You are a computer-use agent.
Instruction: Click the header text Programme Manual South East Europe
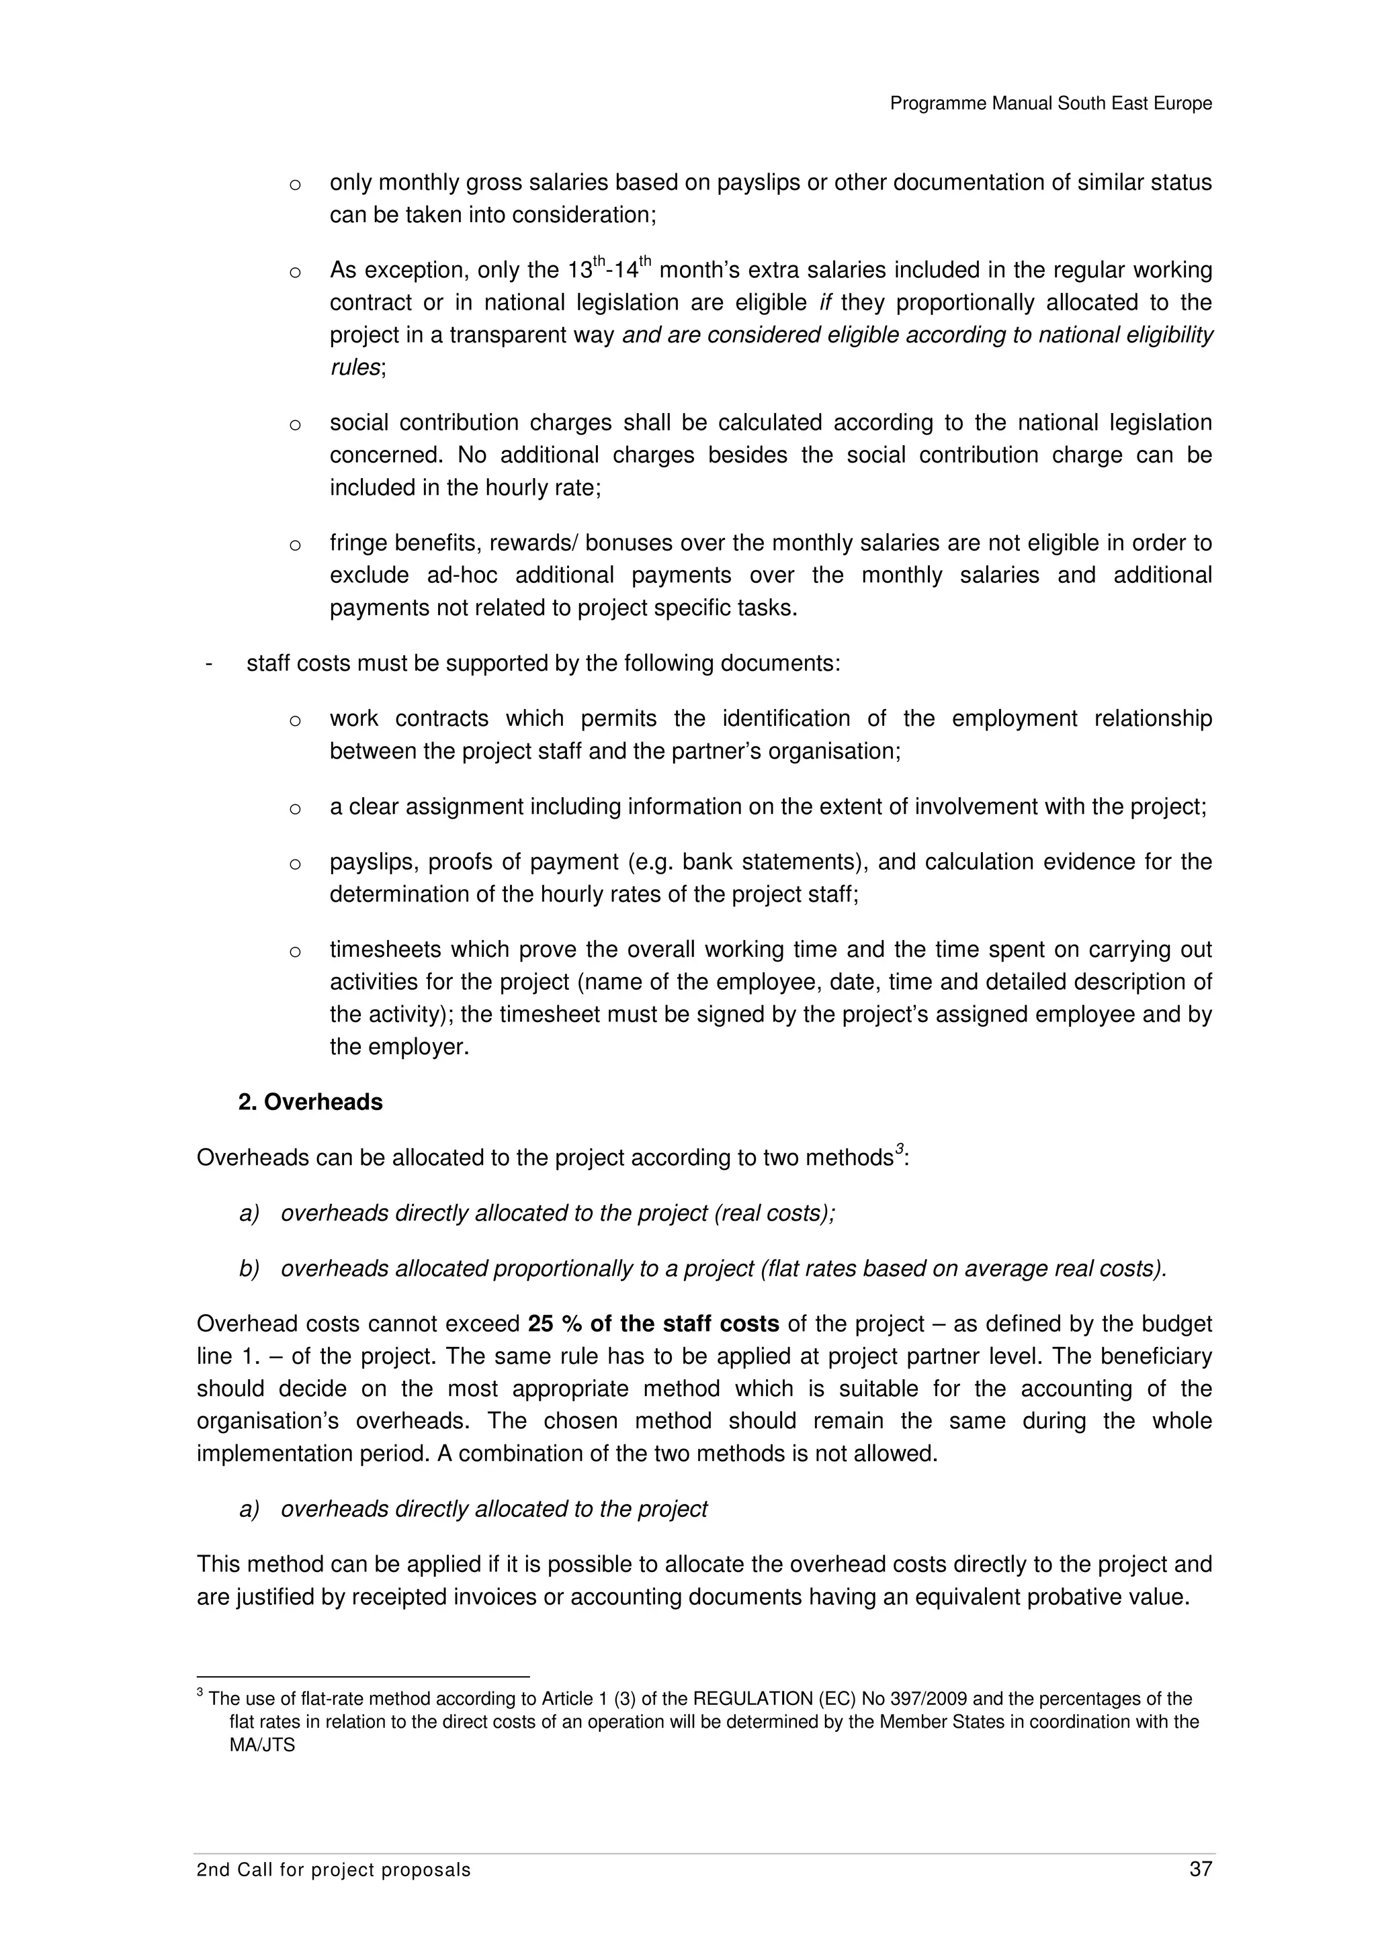click(1050, 103)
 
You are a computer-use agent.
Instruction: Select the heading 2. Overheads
click(310, 1102)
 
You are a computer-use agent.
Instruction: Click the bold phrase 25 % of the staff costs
click(653, 1324)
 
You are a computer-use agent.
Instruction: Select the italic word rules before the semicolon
click(353, 368)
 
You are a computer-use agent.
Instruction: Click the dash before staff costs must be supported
click(208, 663)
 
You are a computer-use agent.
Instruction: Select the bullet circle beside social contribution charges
click(295, 424)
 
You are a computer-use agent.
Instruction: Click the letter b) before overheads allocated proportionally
click(249, 1269)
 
